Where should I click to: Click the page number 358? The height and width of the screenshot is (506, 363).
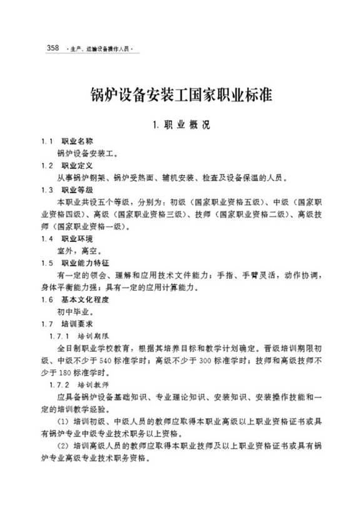(x=53, y=48)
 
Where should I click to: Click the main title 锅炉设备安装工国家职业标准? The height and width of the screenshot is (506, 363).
(x=181, y=97)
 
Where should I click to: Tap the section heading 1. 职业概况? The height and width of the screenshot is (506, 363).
(x=181, y=125)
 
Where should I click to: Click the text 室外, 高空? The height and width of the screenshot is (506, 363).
(x=75, y=251)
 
